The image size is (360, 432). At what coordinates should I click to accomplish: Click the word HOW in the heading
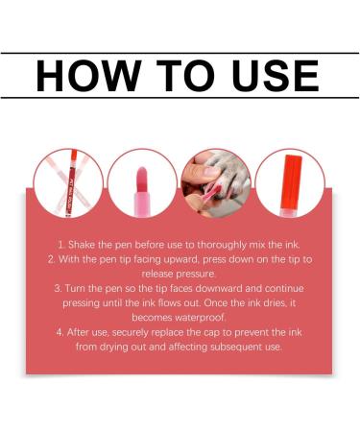click(88, 76)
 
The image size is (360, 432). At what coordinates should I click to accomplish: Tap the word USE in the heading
click(275, 76)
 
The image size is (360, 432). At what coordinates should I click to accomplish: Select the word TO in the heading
click(185, 76)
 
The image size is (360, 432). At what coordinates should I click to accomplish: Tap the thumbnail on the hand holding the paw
click(212, 172)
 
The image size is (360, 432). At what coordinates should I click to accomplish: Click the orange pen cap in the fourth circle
click(291, 181)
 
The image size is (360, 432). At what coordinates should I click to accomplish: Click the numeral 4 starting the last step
click(60, 332)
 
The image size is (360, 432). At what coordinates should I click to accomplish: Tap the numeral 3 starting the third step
click(58, 288)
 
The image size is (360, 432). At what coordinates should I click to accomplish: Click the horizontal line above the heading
click(180, 53)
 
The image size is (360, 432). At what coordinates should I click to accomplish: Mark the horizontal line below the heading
click(180, 98)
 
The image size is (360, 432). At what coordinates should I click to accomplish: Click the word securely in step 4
click(131, 333)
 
